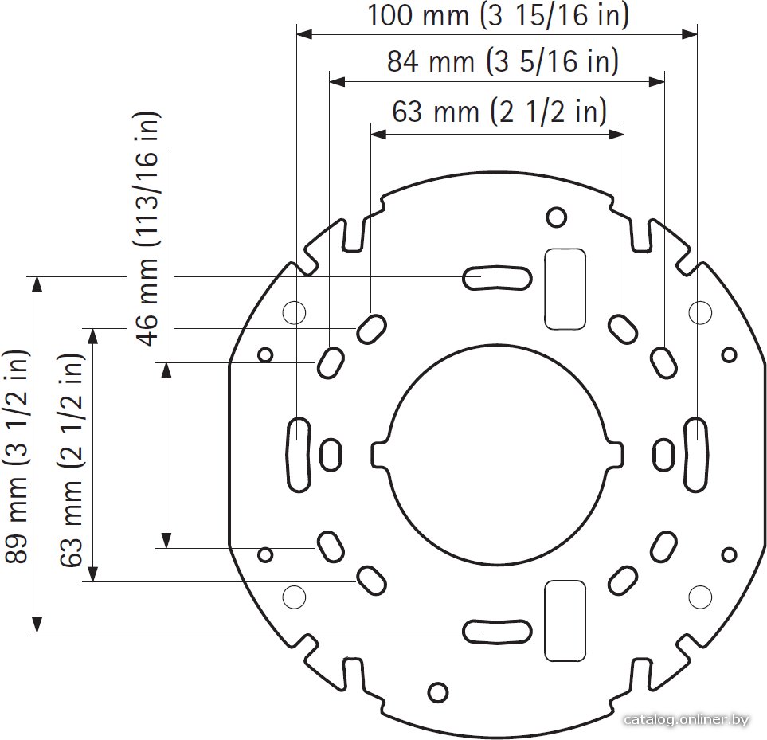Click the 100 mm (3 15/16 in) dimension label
(498, 15)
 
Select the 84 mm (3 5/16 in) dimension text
(503, 61)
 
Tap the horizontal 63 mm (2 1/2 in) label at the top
(499, 112)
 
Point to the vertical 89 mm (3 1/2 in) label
(16, 456)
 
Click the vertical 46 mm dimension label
(147, 229)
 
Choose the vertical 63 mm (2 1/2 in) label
(72, 460)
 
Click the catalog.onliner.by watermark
(687, 719)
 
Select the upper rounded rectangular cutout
(565, 288)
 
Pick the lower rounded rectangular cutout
(565, 621)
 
